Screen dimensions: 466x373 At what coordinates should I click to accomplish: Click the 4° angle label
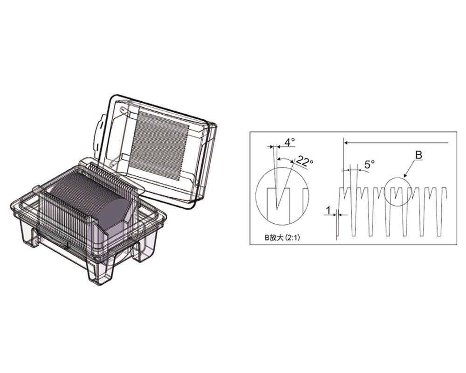click(x=289, y=142)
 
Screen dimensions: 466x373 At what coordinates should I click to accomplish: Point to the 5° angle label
click(x=369, y=164)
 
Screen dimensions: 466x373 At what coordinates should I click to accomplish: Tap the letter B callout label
click(x=418, y=155)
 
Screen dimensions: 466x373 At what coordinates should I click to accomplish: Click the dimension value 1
click(x=328, y=210)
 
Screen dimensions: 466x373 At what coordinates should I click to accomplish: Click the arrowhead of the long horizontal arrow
click(x=347, y=143)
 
